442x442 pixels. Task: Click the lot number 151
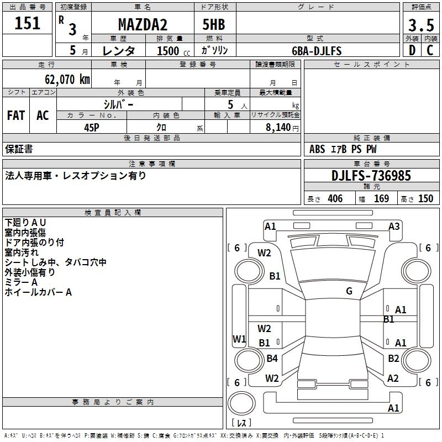[28, 24]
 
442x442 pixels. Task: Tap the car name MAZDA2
[143, 25]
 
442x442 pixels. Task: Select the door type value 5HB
[214, 25]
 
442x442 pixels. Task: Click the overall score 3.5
[420, 25]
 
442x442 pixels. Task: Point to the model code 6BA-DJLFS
[317, 51]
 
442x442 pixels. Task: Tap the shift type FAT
[16, 115]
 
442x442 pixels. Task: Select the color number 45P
[92, 127]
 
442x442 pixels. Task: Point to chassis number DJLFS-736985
[371, 176]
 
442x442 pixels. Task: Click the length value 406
[335, 199]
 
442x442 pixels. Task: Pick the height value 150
[425, 199]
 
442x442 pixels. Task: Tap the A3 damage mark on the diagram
[394, 226]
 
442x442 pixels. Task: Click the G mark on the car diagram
[349, 291]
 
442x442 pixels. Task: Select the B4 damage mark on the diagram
[272, 359]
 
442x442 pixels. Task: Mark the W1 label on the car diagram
[239, 339]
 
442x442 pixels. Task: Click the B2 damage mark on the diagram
[393, 359]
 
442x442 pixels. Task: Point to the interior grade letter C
[430, 51]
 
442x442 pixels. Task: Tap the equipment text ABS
[317, 149]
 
